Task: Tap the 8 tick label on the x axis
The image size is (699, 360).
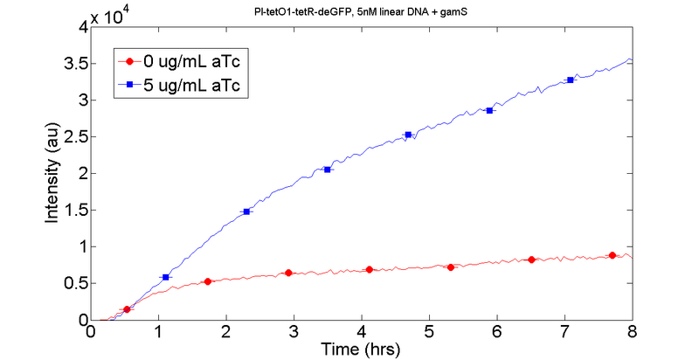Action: coord(632,332)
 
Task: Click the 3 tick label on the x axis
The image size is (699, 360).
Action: coord(294,332)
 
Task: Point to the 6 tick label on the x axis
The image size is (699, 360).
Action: coord(497,332)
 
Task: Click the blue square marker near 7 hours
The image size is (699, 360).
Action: coord(571,80)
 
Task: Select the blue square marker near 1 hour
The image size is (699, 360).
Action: coord(166,277)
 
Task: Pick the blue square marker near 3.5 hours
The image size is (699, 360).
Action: coord(328,170)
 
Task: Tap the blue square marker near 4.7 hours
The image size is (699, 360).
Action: coord(408,135)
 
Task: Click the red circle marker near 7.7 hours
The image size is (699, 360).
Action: coord(612,255)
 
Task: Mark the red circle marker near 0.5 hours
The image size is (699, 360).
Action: coord(128,309)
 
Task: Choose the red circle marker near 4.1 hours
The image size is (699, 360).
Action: coord(370,269)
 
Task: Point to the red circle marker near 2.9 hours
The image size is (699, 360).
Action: coord(288,273)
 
